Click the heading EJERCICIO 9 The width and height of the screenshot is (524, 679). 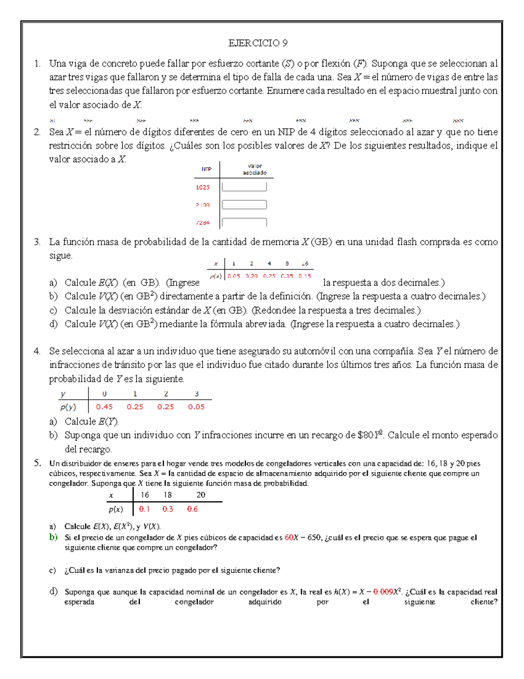point(258,43)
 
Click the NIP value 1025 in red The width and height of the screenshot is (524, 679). point(203,187)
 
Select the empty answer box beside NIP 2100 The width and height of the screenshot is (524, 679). point(244,205)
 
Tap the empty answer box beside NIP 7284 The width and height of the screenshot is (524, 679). point(244,222)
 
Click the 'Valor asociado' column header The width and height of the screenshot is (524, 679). point(255,169)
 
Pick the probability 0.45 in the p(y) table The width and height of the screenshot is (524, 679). point(104,407)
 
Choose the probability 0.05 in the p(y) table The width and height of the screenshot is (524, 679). point(196,407)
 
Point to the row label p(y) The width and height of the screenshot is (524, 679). point(68,407)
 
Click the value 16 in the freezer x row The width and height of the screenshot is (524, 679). point(145,495)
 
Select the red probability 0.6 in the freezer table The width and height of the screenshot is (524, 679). point(192,509)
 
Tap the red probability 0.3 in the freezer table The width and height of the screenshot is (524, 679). point(168,509)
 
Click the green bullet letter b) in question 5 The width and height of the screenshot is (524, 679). point(53,537)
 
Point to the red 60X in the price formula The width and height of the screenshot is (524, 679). point(291,538)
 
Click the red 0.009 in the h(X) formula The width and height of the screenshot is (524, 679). point(383,592)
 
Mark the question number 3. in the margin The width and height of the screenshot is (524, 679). point(37,242)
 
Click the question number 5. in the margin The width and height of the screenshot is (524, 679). point(37,463)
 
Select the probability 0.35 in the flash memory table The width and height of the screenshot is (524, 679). point(287,276)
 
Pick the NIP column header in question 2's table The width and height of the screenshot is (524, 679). point(207,169)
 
